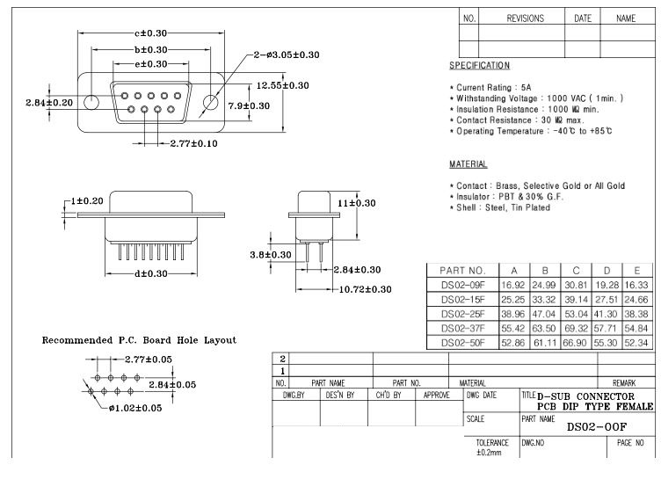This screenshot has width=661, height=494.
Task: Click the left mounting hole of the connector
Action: coord(91,103)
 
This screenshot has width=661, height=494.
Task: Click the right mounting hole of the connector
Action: coord(210,103)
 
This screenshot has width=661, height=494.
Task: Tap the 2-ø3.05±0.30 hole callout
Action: coord(287,54)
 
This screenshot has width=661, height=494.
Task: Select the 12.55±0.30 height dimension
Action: coord(282,85)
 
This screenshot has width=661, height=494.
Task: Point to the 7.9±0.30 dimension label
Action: coord(249,105)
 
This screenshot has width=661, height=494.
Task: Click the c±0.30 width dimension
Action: coord(151,33)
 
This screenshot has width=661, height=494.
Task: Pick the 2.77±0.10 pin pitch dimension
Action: coord(194,143)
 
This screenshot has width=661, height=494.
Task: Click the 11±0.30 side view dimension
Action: coord(356,203)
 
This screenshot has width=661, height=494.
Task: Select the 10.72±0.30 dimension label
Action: coord(365,289)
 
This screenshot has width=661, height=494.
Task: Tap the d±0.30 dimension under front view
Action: coord(151,273)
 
